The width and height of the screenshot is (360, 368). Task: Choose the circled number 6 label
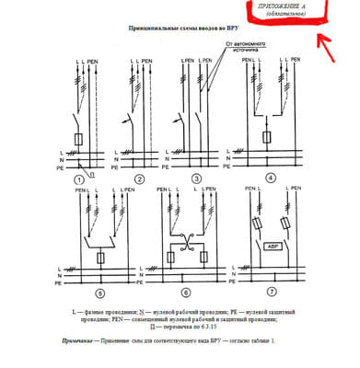[185, 293]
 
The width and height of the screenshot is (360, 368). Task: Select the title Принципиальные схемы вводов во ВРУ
[180, 29]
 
